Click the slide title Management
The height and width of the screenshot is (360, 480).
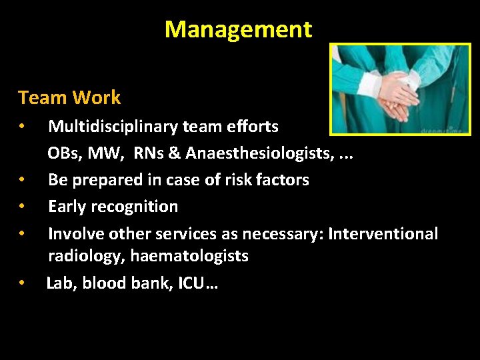[238, 29]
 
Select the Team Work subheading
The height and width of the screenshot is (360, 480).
[69, 98]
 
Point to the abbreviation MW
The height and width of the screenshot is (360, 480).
[109, 153]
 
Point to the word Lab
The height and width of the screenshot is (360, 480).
[60, 283]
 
